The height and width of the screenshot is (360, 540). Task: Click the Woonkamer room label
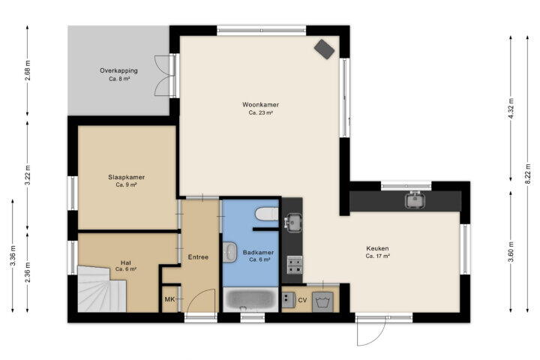tap(260, 105)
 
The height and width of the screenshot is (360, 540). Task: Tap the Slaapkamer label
tap(127, 178)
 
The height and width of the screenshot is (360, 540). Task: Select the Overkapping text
tap(118, 70)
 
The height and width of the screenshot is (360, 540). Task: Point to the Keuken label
tap(377, 248)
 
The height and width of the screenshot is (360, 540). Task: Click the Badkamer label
tap(258, 253)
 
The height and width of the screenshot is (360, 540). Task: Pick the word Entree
tap(198, 257)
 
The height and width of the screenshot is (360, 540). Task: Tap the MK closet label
tap(169, 299)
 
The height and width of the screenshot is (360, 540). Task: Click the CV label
tap(302, 301)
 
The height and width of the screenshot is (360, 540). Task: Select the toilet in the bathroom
tap(266, 214)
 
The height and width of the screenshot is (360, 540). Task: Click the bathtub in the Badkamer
tap(250, 300)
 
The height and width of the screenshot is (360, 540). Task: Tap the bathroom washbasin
tap(229, 252)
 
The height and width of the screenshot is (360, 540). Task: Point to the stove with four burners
tap(295, 265)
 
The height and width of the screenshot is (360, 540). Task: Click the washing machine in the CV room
tap(322, 302)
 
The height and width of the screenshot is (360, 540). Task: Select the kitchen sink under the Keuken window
tap(415, 200)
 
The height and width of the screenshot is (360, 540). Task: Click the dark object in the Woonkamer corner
tap(324, 49)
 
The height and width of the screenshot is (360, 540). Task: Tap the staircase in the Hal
tap(102, 289)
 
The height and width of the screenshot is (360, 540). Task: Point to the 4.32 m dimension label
tap(511, 108)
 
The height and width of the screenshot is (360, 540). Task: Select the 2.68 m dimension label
tap(28, 70)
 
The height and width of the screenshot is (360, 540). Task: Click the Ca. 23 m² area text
tap(261, 112)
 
